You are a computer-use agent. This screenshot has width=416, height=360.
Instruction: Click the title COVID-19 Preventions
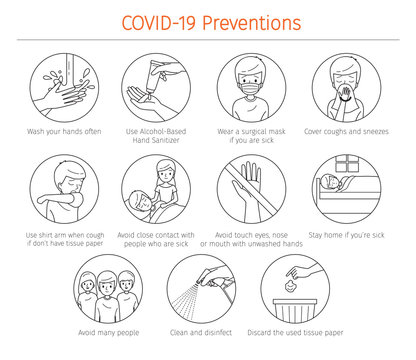click(208, 21)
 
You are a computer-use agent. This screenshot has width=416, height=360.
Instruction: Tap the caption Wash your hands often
click(64, 131)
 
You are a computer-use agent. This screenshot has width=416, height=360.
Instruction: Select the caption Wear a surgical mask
click(254, 136)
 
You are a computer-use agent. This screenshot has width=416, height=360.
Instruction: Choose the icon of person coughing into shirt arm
click(64, 190)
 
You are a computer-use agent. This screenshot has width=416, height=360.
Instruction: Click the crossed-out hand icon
click(254, 190)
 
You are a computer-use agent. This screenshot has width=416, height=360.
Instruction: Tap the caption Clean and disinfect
click(208, 332)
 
